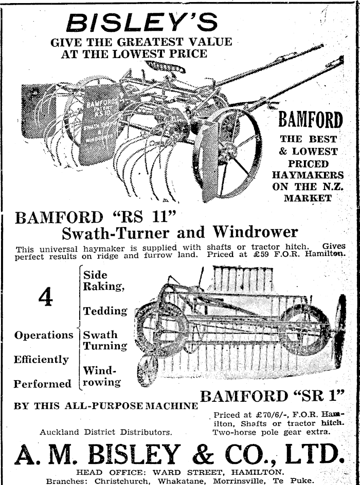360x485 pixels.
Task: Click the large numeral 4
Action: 45,297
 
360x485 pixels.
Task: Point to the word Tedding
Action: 105,311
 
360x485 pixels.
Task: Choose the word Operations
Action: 44,335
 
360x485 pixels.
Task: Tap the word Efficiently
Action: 41,359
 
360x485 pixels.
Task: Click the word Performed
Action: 43,384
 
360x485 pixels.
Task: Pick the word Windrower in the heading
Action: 255,232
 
